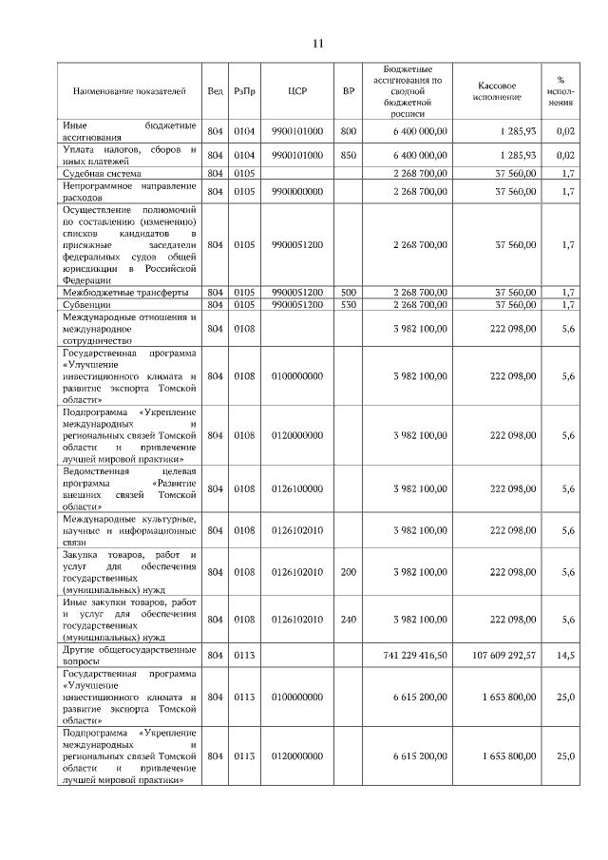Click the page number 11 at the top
318,43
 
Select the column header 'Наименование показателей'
129,91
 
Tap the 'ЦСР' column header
296,91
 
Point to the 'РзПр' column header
245,91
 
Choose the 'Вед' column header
215,91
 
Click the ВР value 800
348,131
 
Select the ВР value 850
348,155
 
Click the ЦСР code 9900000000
296,192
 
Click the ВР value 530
348,304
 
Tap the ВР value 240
348,619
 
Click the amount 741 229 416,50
414,656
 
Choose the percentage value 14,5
567,656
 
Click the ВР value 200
348,572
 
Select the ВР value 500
348,292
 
